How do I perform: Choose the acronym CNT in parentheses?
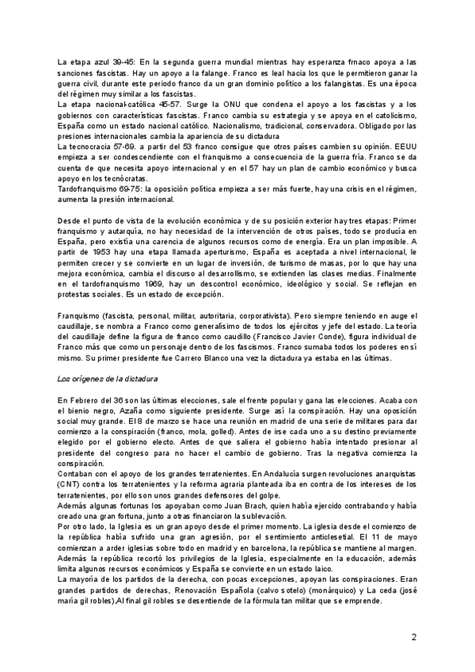coord(70,514)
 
